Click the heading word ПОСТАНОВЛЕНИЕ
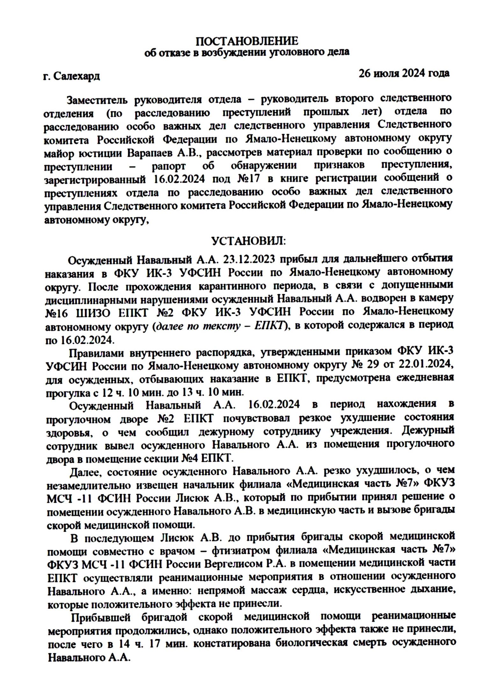click(x=247, y=41)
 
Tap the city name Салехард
click(x=76, y=76)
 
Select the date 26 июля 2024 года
click(x=404, y=73)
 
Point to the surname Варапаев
click(x=149, y=153)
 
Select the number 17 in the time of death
click(x=154, y=644)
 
